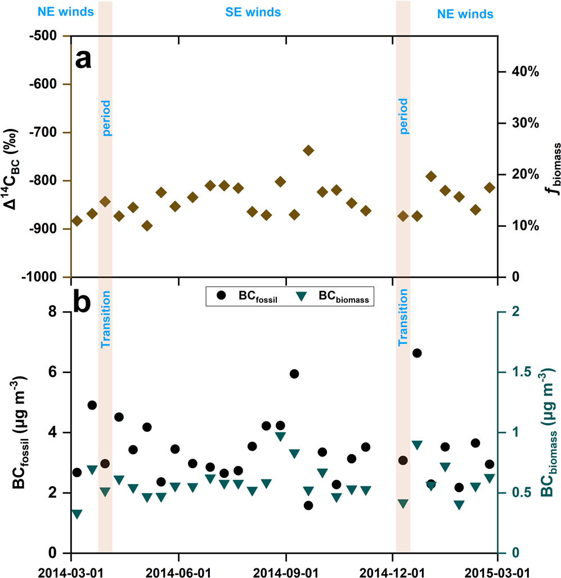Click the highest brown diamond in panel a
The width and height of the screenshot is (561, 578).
tap(308, 150)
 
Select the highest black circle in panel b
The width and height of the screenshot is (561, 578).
tap(417, 353)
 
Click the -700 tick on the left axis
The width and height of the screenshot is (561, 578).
tap(47, 133)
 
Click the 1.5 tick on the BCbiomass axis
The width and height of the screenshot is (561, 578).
tap(515, 372)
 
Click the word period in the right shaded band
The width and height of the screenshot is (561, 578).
tap(403, 117)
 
